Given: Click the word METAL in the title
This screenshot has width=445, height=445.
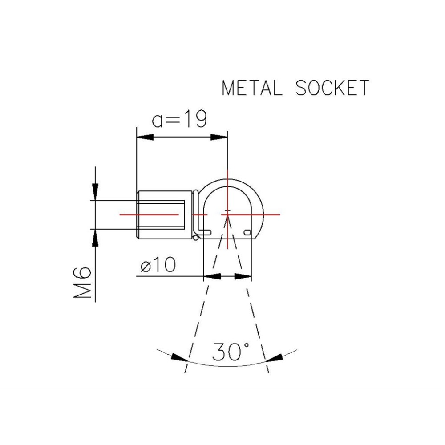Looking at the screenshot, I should click(x=252, y=88).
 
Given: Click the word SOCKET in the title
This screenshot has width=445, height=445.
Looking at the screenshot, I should click(x=332, y=88).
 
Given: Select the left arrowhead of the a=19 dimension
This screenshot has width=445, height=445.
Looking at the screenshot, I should click(x=144, y=138).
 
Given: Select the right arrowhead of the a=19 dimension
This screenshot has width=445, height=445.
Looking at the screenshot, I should click(x=219, y=138).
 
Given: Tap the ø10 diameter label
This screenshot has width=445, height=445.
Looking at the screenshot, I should click(x=158, y=266).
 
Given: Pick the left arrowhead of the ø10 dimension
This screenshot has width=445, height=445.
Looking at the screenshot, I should click(x=212, y=276).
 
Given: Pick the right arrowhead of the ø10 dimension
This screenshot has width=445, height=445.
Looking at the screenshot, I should click(x=243, y=276).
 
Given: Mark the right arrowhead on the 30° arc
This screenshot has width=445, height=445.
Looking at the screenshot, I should click(x=275, y=357).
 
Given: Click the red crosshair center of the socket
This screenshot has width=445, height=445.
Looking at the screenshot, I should click(x=227, y=214).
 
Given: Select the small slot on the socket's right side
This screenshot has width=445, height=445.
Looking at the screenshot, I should click(x=248, y=232).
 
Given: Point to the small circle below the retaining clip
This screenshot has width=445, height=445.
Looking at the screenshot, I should click(x=196, y=237).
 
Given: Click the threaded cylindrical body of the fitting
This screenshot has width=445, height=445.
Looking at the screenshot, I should click(x=165, y=214).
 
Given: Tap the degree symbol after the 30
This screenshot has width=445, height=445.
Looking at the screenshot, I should click(x=244, y=345).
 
